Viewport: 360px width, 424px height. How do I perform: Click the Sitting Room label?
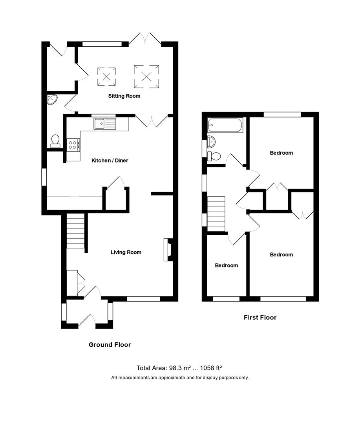coord(124,96)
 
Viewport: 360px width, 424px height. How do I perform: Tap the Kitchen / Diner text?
coord(110,160)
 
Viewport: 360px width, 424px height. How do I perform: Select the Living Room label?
coord(126,252)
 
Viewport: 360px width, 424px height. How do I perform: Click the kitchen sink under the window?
coord(105,124)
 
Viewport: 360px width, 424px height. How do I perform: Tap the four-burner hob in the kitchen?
coord(73,145)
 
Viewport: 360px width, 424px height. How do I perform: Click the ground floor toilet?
coord(55,140)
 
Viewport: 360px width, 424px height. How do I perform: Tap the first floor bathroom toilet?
coord(214,156)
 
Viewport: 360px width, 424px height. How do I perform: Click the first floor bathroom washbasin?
coord(211,141)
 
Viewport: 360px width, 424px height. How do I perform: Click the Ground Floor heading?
coord(110,345)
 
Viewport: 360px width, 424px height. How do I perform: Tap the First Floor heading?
coord(260,317)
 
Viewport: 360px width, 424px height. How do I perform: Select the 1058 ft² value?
coord(211,368)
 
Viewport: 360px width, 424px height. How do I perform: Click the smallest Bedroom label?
coord(226,265)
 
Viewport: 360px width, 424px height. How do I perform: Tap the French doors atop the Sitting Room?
coord(145,39)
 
